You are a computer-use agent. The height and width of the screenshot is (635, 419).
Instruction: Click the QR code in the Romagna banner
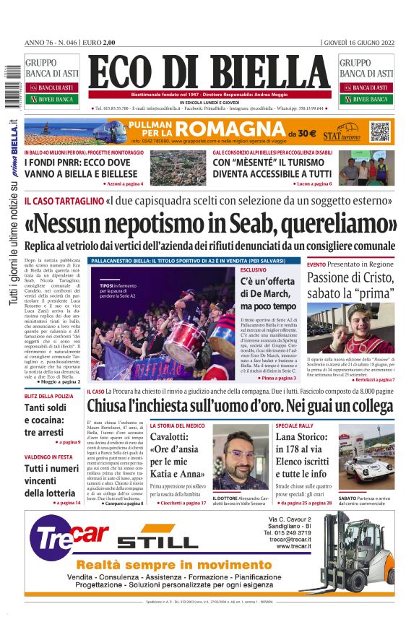(x=380, y=132)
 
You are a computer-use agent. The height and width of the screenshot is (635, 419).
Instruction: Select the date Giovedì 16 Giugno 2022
(x=358, y=43)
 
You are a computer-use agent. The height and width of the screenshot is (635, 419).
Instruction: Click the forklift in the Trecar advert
(x=361, y=549)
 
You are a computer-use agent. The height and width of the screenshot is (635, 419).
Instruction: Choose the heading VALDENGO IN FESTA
(x=49, y=457)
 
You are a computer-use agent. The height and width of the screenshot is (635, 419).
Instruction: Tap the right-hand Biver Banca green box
(x=366, y=99)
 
